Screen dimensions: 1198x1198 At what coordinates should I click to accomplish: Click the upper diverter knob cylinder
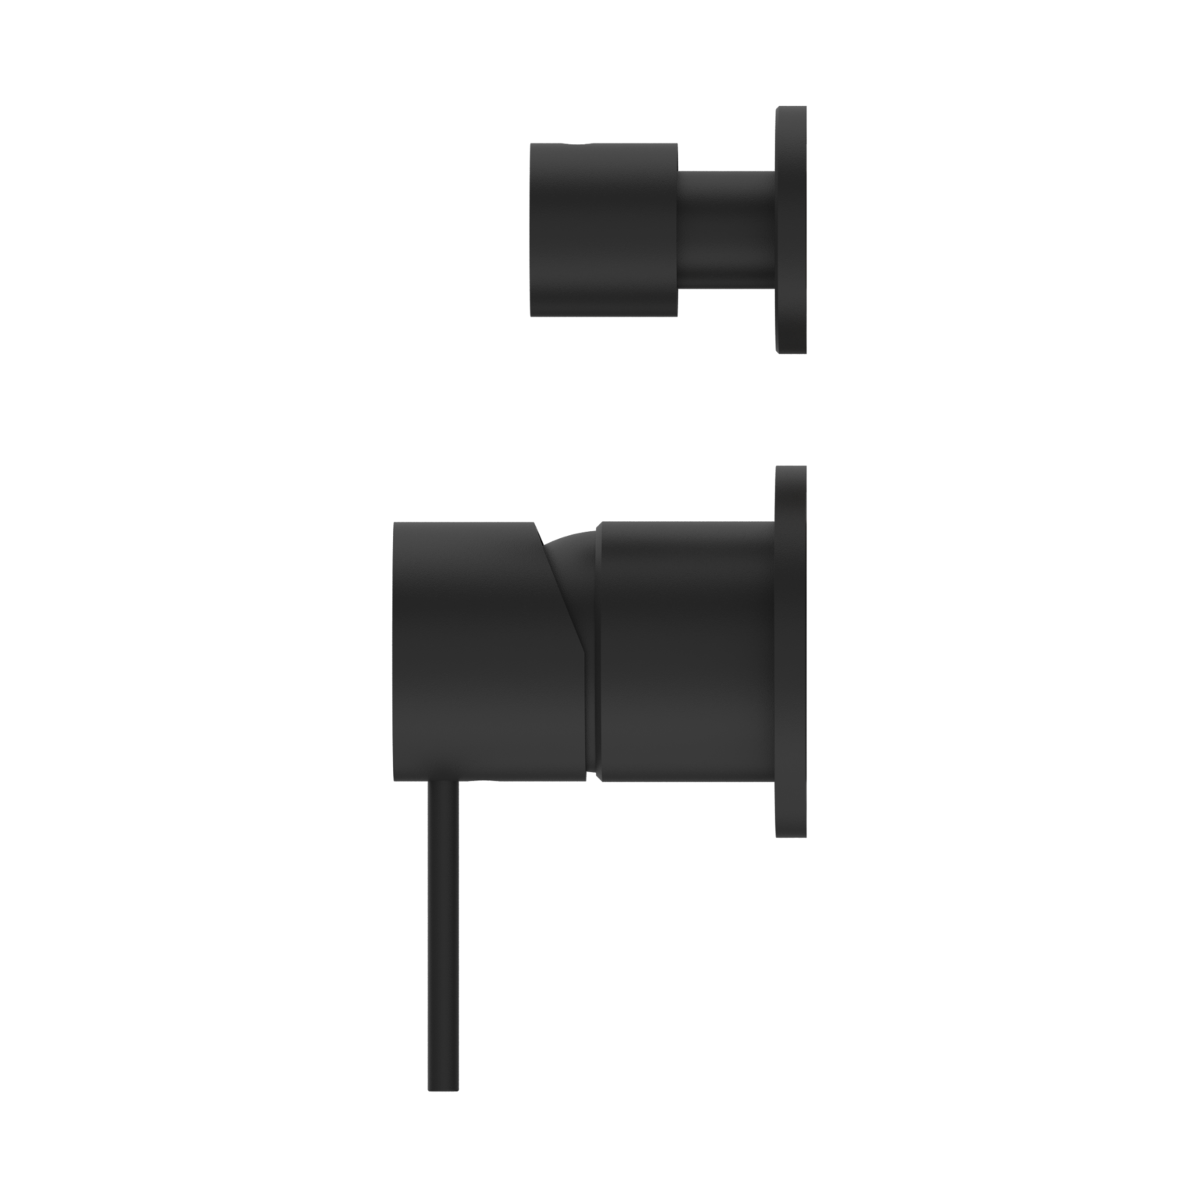(x=604, y=229)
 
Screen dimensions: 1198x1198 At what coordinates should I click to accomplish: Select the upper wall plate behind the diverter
(x=791, y=229)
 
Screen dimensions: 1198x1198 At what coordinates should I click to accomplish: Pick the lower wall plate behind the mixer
(x=791, y=651)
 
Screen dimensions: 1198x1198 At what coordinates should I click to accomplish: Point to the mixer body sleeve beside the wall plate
(x=686, y=651)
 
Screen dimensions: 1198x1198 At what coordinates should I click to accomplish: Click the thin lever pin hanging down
(x=443, y=936)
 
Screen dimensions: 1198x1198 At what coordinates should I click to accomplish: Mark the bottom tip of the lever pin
(x=443, y=1087)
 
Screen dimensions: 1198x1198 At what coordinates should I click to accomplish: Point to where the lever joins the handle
(x=443, y=785)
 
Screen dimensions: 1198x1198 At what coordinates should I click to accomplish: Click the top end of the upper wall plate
(x=791, y=110)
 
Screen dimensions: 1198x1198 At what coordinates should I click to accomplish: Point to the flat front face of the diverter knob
(x=532, y=229)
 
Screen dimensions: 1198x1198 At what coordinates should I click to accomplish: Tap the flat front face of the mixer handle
(x=395, y=651)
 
